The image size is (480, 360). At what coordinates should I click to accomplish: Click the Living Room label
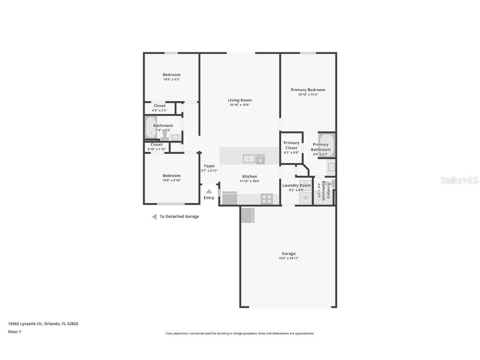pos(240,100)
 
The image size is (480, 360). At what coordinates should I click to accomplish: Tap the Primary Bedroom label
pos(308,90)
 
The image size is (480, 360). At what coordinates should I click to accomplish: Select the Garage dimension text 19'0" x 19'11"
pos(288,258)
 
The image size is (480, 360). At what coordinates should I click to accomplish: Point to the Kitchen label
pos(250,176)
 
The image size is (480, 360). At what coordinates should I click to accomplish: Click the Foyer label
pos(209,166)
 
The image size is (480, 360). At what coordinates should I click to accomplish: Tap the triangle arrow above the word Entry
pos(209,191)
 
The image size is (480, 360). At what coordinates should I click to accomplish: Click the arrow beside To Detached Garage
pos(154,217)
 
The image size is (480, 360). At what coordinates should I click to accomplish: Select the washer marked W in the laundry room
pos(305,197)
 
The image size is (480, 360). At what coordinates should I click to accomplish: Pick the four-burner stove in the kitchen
pos(267,198)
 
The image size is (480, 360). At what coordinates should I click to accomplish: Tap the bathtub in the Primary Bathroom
pos(327,140)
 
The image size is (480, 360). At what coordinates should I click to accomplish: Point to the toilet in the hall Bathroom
pos(165,136)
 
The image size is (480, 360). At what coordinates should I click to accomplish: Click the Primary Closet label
pos(291,145)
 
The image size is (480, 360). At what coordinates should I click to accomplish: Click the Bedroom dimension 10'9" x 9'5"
pos(171,79)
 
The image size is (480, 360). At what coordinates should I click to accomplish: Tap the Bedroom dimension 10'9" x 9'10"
pos(171,180)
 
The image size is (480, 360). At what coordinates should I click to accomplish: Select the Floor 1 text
pos(14,332)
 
